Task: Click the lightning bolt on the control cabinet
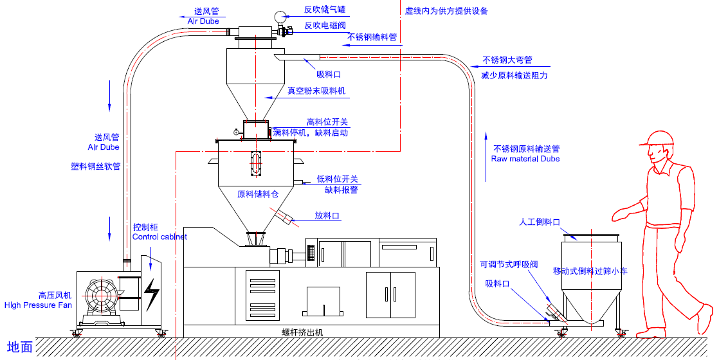(152, 294)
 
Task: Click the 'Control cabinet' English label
(159, 237)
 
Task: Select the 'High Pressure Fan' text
(39, 305)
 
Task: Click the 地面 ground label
(19, 347)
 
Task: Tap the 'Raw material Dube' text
(525, 159)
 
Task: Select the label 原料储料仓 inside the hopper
(258, 194)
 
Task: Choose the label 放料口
(327, 216)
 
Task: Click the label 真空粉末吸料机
(316, 91)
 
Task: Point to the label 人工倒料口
(540, 222)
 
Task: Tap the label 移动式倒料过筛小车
(590, 271)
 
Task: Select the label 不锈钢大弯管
(507, 60)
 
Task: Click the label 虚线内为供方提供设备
(446, 11)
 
